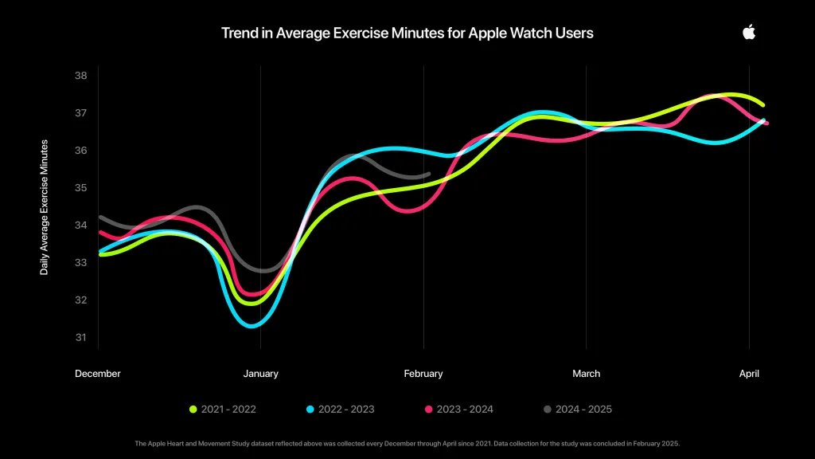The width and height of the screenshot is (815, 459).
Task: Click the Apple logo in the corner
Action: coord(748,32)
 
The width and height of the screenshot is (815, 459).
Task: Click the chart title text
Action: coord(407,33)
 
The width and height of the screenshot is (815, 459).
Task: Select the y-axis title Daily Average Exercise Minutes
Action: coord(45,207)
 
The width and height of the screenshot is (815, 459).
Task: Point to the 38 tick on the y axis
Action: coord(80,76)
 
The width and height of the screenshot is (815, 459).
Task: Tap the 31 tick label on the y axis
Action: coord(80,337)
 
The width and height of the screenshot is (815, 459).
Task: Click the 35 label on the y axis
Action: coord(80,187)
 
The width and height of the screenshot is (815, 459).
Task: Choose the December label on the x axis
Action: coord(98,373)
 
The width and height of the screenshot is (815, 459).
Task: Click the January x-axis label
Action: coord(260,373)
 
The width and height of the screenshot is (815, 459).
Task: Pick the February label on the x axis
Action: coord(423,373)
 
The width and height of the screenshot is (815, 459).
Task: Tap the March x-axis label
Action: coord(587,373)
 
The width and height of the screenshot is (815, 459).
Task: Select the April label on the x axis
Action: coord(748,373)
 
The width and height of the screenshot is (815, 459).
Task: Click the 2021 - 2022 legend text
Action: coord(228,409)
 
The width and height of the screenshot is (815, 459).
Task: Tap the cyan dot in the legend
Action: coord(310,409)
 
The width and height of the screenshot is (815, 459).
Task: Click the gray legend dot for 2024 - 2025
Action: coord(547,409)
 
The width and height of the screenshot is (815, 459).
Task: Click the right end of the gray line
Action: coord(428,173)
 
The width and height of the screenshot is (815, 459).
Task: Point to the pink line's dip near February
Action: coord(409,210)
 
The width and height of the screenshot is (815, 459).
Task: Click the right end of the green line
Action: coord(762,104)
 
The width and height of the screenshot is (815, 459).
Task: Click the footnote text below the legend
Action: coord(407,443)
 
